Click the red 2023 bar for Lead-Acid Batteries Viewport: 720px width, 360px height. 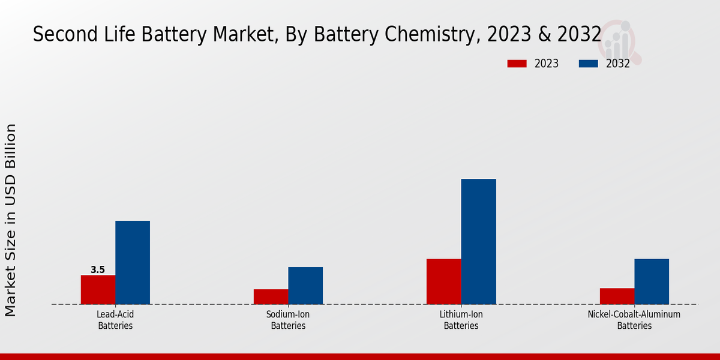pos(98,290)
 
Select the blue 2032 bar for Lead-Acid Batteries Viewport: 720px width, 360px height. pos(133,262)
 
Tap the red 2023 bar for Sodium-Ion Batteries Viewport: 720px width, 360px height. pos(271,296)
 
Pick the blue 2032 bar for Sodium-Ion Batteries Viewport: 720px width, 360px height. pos(305,286)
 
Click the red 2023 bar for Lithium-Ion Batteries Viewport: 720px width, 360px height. pos(443,281)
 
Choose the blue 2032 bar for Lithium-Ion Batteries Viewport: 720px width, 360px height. pos(478,241)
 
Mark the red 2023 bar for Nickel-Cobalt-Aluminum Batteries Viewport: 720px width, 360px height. pos(617,296)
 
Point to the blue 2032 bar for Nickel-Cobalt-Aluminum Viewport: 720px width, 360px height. pos(652,281)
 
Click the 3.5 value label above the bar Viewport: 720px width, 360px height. pos(98,270)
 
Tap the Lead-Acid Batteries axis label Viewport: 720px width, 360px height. pos(115,320)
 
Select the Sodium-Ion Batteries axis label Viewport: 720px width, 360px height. pos(288,320)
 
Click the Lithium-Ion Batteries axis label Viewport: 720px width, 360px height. pos(461,320)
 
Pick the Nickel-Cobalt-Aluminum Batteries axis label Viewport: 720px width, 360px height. pos(634,320)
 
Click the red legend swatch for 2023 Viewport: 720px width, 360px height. pos(517,64)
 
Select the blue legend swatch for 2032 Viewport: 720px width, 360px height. pos(588,64)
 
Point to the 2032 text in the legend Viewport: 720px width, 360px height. pos(617,64)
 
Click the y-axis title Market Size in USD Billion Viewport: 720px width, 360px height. pos(11,220)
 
